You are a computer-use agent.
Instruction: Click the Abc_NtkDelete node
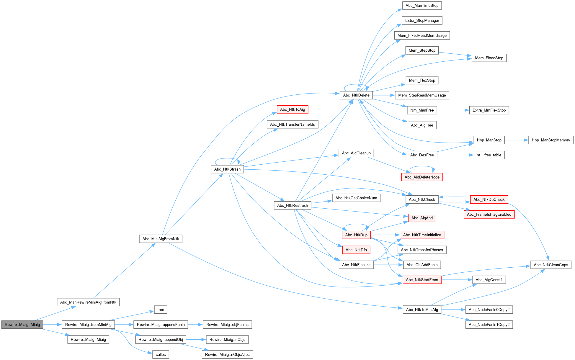coord(356,95)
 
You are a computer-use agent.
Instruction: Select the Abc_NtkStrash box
coord(227,169)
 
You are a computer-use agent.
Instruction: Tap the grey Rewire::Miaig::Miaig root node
coord(22,325)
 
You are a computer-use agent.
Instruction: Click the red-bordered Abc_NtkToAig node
coord(292,109)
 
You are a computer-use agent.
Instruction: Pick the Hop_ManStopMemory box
coord(551,140)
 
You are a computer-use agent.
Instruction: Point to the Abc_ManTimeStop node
coord(422,6)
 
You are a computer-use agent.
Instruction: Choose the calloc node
coord(161,354)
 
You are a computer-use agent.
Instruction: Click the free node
coord(161,310)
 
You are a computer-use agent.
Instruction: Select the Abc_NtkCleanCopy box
coord(551,265)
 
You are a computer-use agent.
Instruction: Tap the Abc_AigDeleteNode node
coord(422,177)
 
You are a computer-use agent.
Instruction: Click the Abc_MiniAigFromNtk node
coord(161,239)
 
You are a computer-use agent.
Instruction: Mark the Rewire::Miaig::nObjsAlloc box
coord(227,354)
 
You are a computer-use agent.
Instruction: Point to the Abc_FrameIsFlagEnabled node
coord(489,215)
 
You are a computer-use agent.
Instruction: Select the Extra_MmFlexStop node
coord(489,110)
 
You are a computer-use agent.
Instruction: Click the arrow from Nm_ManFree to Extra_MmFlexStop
coord(453,110)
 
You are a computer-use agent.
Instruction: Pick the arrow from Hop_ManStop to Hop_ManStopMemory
coord(517,140)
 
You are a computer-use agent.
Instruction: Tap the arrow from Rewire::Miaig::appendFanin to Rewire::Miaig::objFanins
coord(195,325)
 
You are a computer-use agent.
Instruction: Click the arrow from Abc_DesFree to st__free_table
coord(455,155)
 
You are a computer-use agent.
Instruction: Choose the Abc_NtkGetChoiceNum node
coord(356,198)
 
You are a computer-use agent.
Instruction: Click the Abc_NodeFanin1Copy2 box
coord(489,325)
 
